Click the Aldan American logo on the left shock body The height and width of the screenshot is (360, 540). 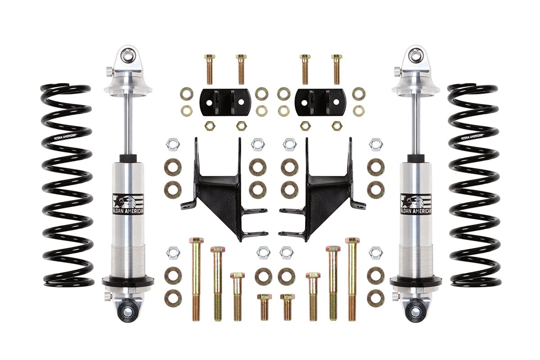pos(128,204)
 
